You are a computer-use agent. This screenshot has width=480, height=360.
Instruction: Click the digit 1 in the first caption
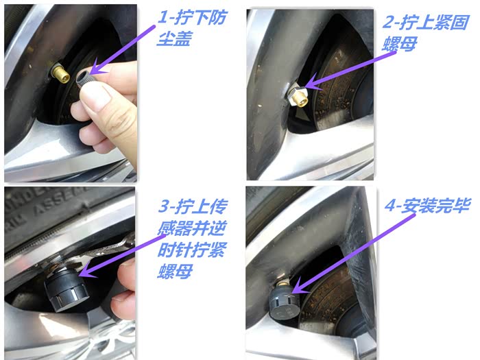[x=163, y=17]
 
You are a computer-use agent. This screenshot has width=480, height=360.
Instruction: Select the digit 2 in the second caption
[x=389, y=22]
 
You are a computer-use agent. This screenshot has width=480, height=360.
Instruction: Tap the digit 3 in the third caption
[x=164, y=206]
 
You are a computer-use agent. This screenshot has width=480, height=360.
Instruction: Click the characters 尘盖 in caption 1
[x=174, y=39]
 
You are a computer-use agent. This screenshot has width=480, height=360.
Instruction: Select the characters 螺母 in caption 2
[x=400, y=44]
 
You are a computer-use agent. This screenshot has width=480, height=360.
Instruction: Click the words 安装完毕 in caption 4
[x=435, y=206]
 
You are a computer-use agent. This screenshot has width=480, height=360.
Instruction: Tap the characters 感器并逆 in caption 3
[x=191, y=228]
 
